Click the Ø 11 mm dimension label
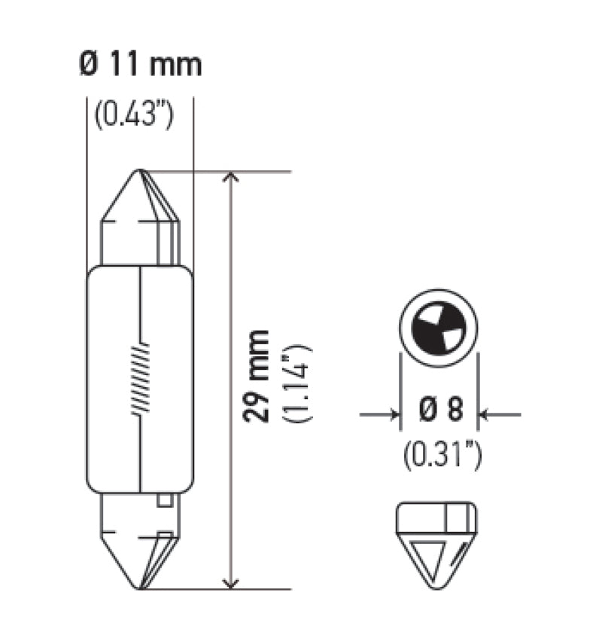(x=140, y=65)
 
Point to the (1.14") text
(x=295, y=382)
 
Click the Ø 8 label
(x=439, y=412)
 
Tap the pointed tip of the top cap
(x=140, y=172)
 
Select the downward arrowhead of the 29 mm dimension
(x=232, y=582)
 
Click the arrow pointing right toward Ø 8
(x=390, y=414)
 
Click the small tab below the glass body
(x=165, y=500)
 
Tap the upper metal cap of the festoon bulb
(x=141, y=222)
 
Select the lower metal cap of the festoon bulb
(x=140, y=539)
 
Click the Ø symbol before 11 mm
(x=89, y=65)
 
